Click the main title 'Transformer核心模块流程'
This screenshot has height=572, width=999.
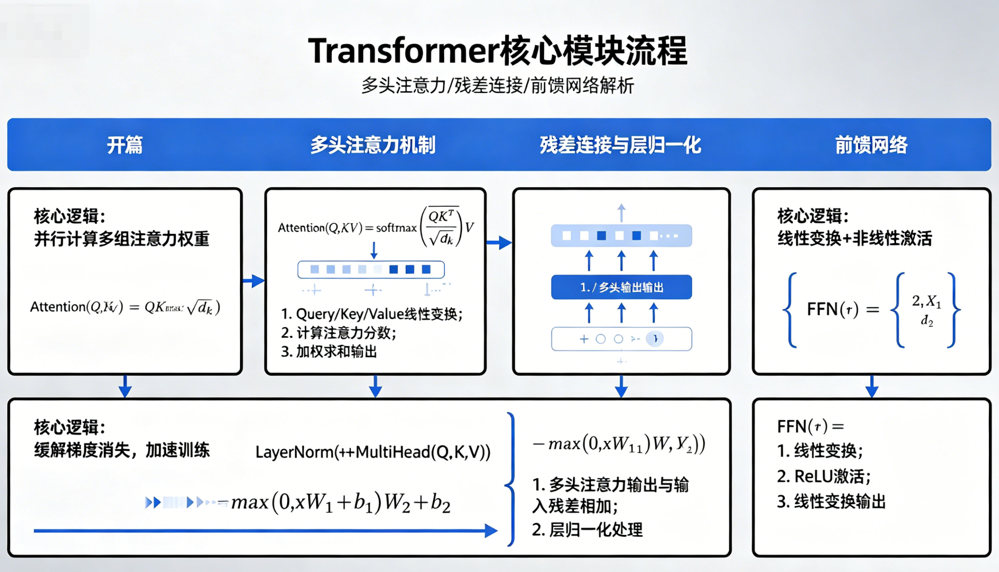click(x=497, y=51)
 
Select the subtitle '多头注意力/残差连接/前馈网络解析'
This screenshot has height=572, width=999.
click(x=497, y=86)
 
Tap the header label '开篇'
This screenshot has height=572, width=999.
click(x=124, y=146)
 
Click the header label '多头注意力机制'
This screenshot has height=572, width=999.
click(x=373, y=146)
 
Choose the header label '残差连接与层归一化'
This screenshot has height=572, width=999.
click(x=620, y=146)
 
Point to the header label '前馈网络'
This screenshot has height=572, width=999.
click(x=871, y=146)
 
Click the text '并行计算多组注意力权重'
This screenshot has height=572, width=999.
click(x=121, y=239)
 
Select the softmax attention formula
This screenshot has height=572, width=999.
click(x=376, y=227)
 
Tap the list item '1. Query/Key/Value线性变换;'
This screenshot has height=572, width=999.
click(x=371, y=314)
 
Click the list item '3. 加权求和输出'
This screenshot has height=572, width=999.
click(x=329, y=352)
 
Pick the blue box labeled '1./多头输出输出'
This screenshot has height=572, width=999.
click(x=621, y=288)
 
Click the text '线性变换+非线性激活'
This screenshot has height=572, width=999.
click(x=854, y=239)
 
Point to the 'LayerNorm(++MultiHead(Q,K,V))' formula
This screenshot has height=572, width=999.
click(x=372, y=452)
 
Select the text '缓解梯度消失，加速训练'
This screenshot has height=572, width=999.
click(x=121, y=451)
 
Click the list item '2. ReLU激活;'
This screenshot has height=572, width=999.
click(x=824, y=476)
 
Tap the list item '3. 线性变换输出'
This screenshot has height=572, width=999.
click(x=831, y=502)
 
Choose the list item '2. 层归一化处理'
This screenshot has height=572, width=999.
click(x=587, y=530)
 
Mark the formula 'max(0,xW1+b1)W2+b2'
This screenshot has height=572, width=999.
click(x=341, y=502)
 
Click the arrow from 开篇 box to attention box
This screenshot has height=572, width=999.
click(x=254, y=281)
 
